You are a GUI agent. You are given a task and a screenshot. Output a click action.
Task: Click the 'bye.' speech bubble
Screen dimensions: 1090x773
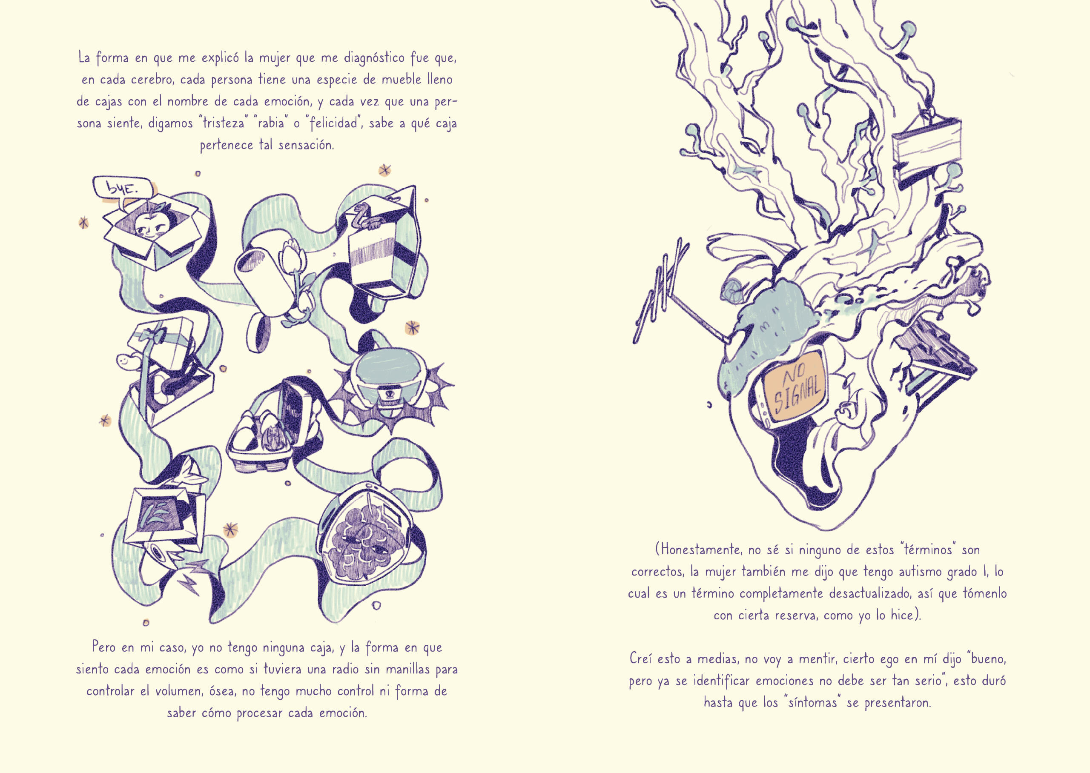[x=123, y=188]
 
